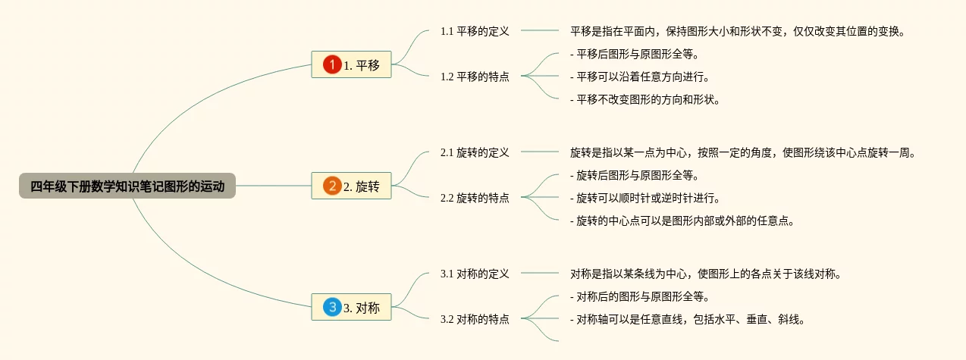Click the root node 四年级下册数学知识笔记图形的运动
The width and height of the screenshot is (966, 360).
(127, 186)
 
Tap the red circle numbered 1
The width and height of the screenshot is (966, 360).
(332, 64)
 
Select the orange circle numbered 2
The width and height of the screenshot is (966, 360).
(332, 186)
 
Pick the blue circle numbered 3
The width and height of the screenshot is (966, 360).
(332, 307)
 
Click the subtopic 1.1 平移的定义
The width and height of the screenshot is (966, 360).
(475, 31)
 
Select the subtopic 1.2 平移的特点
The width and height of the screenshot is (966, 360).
(475, 77)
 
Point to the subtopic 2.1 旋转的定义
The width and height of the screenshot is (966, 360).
(475, 152)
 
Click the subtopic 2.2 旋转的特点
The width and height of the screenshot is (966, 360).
(475, 198)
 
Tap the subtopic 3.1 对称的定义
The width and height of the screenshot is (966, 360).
(475, 274)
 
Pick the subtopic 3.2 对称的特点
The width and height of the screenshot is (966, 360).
(475, 319)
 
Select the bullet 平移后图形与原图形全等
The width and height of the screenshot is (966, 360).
(634, 54)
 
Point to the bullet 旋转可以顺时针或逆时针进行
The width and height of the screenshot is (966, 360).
(645, 198)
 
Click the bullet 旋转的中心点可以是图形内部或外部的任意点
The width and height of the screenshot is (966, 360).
(682, 221)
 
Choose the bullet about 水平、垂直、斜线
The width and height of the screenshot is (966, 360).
(687, 319)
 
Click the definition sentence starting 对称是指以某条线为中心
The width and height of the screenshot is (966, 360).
(705, 274)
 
